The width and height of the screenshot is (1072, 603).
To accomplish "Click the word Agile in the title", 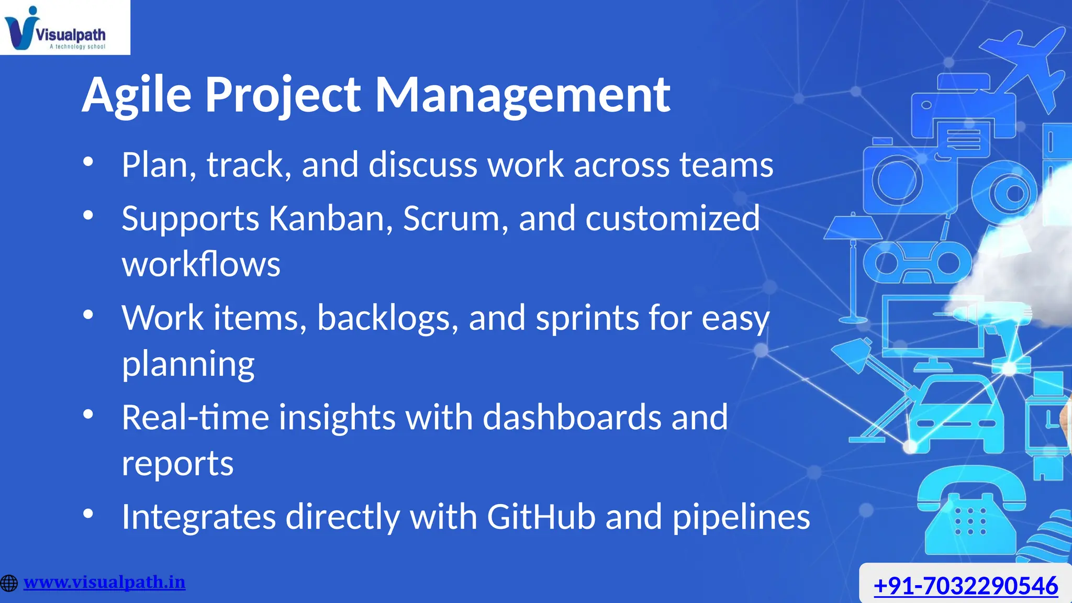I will click(137, 95).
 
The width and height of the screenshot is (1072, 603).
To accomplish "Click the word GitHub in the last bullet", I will click(541, 517).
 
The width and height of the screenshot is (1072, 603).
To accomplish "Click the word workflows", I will click(201, 264).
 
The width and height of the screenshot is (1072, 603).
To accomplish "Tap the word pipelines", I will click(741, 517).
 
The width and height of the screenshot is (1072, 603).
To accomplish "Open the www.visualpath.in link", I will click(104, 582).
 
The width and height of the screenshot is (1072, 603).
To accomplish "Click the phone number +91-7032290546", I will click(966, 585).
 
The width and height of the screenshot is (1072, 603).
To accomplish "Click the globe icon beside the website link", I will click(9, 583).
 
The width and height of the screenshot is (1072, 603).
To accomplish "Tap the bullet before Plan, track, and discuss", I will click(88, 162).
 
